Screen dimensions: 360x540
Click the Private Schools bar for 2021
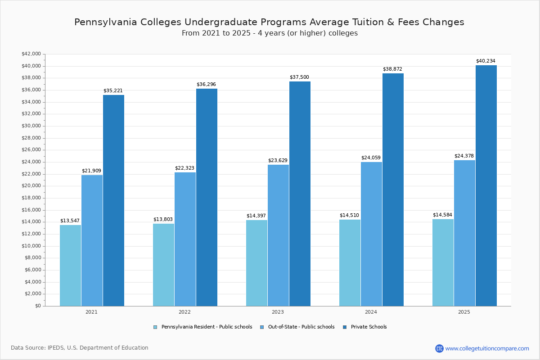(x=113, y=200)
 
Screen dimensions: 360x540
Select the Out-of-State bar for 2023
(x=278, y=235)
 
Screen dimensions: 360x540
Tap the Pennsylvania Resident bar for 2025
(x=443, y=262)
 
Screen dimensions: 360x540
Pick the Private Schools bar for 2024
(x=393, y=189)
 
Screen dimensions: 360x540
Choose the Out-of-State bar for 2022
(x=185, y=239)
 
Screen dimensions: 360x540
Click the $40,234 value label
(x=486, y=61)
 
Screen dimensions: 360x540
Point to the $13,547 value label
(x=70, y=220)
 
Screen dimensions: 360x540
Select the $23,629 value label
(x=278, y=161)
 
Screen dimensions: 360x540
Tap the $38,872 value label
(x=392, y=69)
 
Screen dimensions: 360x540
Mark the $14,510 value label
(x=349, y=215)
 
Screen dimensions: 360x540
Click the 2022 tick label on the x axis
(x=184, y=312)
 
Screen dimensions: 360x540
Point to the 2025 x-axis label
(x=464, y=312)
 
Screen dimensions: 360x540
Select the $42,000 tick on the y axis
(x=31, y=54)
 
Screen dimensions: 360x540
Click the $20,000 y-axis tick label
(x=31, y=186)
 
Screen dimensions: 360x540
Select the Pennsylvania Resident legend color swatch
(x=155, y=327)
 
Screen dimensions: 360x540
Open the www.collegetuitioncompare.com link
(x=487, y=348)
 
